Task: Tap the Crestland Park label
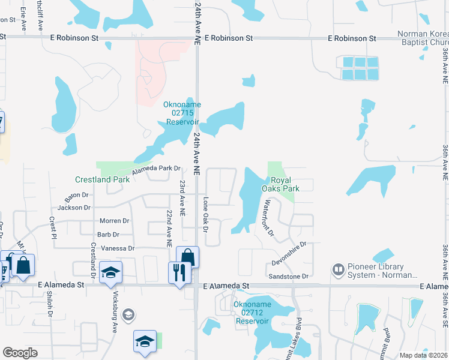click(102, 179)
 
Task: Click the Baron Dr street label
click(77, 195)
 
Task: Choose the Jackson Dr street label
click(74, 208)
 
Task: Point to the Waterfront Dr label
click(267, 217)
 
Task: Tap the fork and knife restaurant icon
click(179, 272)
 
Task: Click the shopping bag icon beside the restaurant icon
click(187, 257)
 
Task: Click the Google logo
click(20, 353)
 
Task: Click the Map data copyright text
click(423, 355)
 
